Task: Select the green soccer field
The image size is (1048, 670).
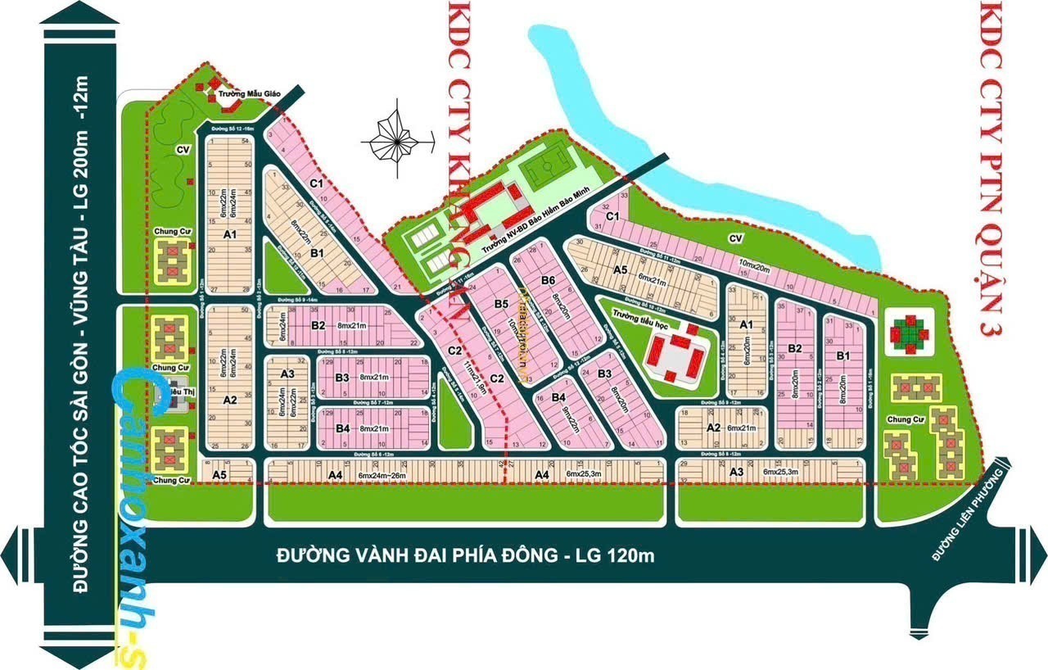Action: (554, 170)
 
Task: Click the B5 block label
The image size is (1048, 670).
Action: (501, 305)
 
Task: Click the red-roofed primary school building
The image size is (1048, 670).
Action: (675, 354)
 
